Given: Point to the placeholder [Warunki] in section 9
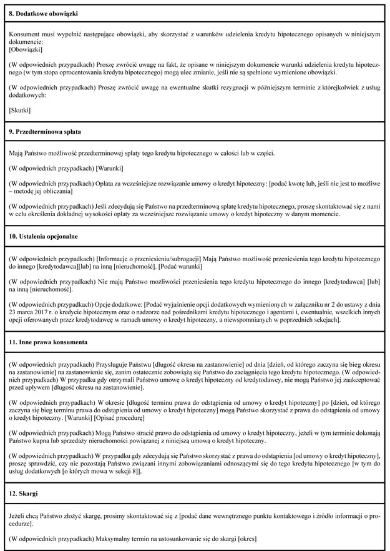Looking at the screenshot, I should [x=109, y=168].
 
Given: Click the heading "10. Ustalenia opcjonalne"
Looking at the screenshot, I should [x=44, y=237].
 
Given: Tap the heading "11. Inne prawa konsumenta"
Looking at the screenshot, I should [x=47, y=342].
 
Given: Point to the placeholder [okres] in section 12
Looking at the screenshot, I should [x=245, y=538].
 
